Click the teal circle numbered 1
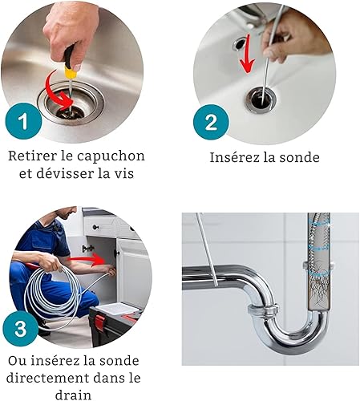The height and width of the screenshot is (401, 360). [23, 121]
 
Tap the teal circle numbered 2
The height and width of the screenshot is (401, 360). [211, 122]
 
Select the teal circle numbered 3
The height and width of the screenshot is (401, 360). [21, 329]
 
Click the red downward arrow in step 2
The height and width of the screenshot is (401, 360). [247, 55]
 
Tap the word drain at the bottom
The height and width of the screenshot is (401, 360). [73, 395]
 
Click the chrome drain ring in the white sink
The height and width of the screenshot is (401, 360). [261, 99]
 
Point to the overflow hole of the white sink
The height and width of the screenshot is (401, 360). [239, 43]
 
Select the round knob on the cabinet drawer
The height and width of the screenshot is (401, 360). [95, 228]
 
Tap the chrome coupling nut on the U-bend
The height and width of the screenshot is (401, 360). [262, 311]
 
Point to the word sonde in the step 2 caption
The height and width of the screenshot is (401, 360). [299, 157]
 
